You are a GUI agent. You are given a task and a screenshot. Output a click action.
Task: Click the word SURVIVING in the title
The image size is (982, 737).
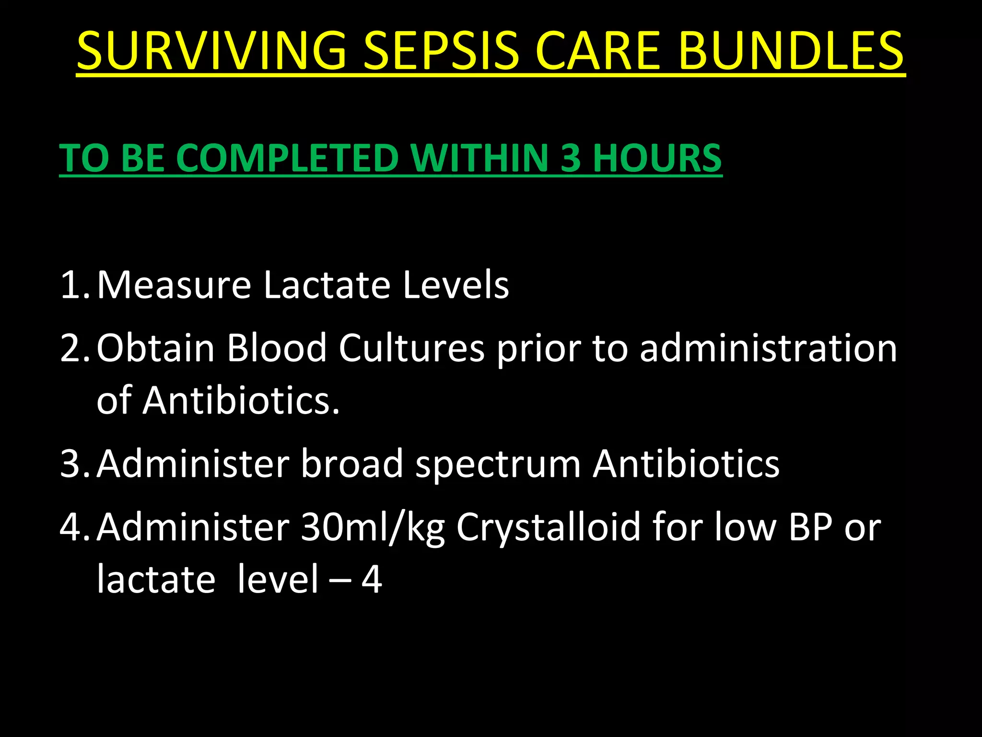point(211,50)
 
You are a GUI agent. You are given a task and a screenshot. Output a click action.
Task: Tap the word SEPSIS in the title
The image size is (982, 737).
point(441,50)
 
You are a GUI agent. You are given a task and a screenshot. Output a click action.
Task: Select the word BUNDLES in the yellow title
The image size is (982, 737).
point(791,50)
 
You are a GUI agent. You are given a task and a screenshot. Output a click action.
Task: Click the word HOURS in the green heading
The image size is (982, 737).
point(657,158)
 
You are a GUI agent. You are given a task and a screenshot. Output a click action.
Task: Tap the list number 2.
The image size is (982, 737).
point(72,348)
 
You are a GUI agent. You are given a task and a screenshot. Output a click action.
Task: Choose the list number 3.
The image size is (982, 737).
point(72,464)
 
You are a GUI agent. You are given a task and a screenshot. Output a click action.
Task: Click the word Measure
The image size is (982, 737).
point(174,285)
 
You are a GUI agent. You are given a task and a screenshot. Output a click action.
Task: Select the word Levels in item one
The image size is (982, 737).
point(456,285)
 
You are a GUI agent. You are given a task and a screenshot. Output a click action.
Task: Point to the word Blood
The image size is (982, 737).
point(277,348)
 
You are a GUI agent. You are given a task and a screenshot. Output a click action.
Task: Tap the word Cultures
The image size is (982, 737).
point(411,348)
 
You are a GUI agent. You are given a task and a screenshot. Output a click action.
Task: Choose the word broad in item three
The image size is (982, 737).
point(352,464)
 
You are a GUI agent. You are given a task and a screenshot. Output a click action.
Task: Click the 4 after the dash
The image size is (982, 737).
point(372,580)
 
